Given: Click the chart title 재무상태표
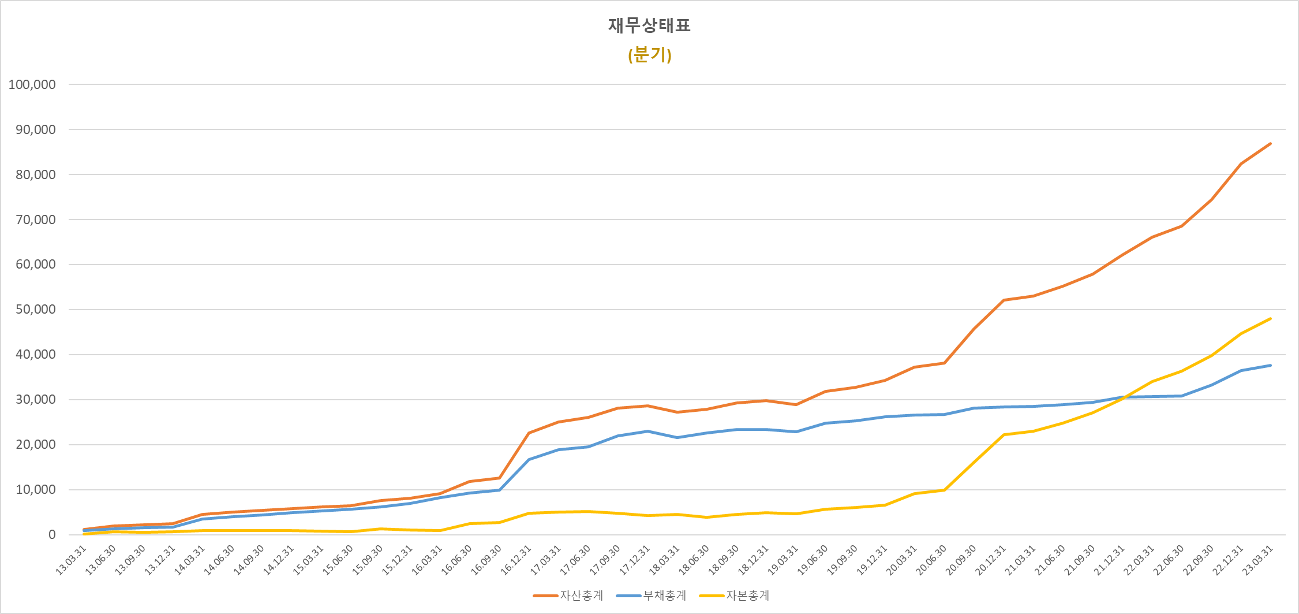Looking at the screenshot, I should tap(649, 25).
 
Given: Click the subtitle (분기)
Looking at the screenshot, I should tap(649, 55).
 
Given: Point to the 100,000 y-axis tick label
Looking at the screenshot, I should tap(32, 85).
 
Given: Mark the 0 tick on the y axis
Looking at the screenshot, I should tap(52, 535).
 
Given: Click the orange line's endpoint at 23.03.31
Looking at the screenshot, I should tap(1270, 144).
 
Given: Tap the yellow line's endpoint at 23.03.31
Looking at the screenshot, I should tap(1270, 319).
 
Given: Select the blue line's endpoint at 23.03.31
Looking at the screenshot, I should tap(1270, 366).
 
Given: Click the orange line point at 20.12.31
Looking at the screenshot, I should tap(1004, 300).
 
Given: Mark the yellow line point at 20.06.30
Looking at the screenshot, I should tap(944, 490).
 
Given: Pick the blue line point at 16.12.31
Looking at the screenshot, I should tap(529, 460).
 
